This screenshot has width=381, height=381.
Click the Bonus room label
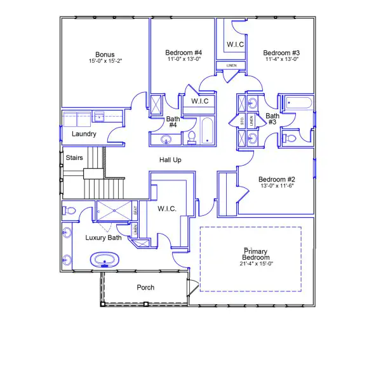pos(105,54)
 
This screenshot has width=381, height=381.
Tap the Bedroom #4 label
pos(184,52)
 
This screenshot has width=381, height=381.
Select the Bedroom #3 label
pos(281,52)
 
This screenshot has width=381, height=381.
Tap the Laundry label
pos(84,134)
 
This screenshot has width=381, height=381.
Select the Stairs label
pos(74,157)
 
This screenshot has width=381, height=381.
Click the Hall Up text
pos(170,160)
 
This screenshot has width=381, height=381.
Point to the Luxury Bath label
pos(104,238)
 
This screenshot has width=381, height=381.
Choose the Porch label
pos(145,288)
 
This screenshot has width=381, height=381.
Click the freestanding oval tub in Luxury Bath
pos(103,259)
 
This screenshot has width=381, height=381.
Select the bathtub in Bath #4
pos(207,131)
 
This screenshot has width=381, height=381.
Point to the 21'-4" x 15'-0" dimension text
pos(257,264)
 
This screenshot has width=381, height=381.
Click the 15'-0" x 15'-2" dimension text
pos(105,62)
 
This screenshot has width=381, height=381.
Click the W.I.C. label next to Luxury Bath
pos(167,208)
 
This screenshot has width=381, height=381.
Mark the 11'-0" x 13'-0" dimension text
pos(184,59)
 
